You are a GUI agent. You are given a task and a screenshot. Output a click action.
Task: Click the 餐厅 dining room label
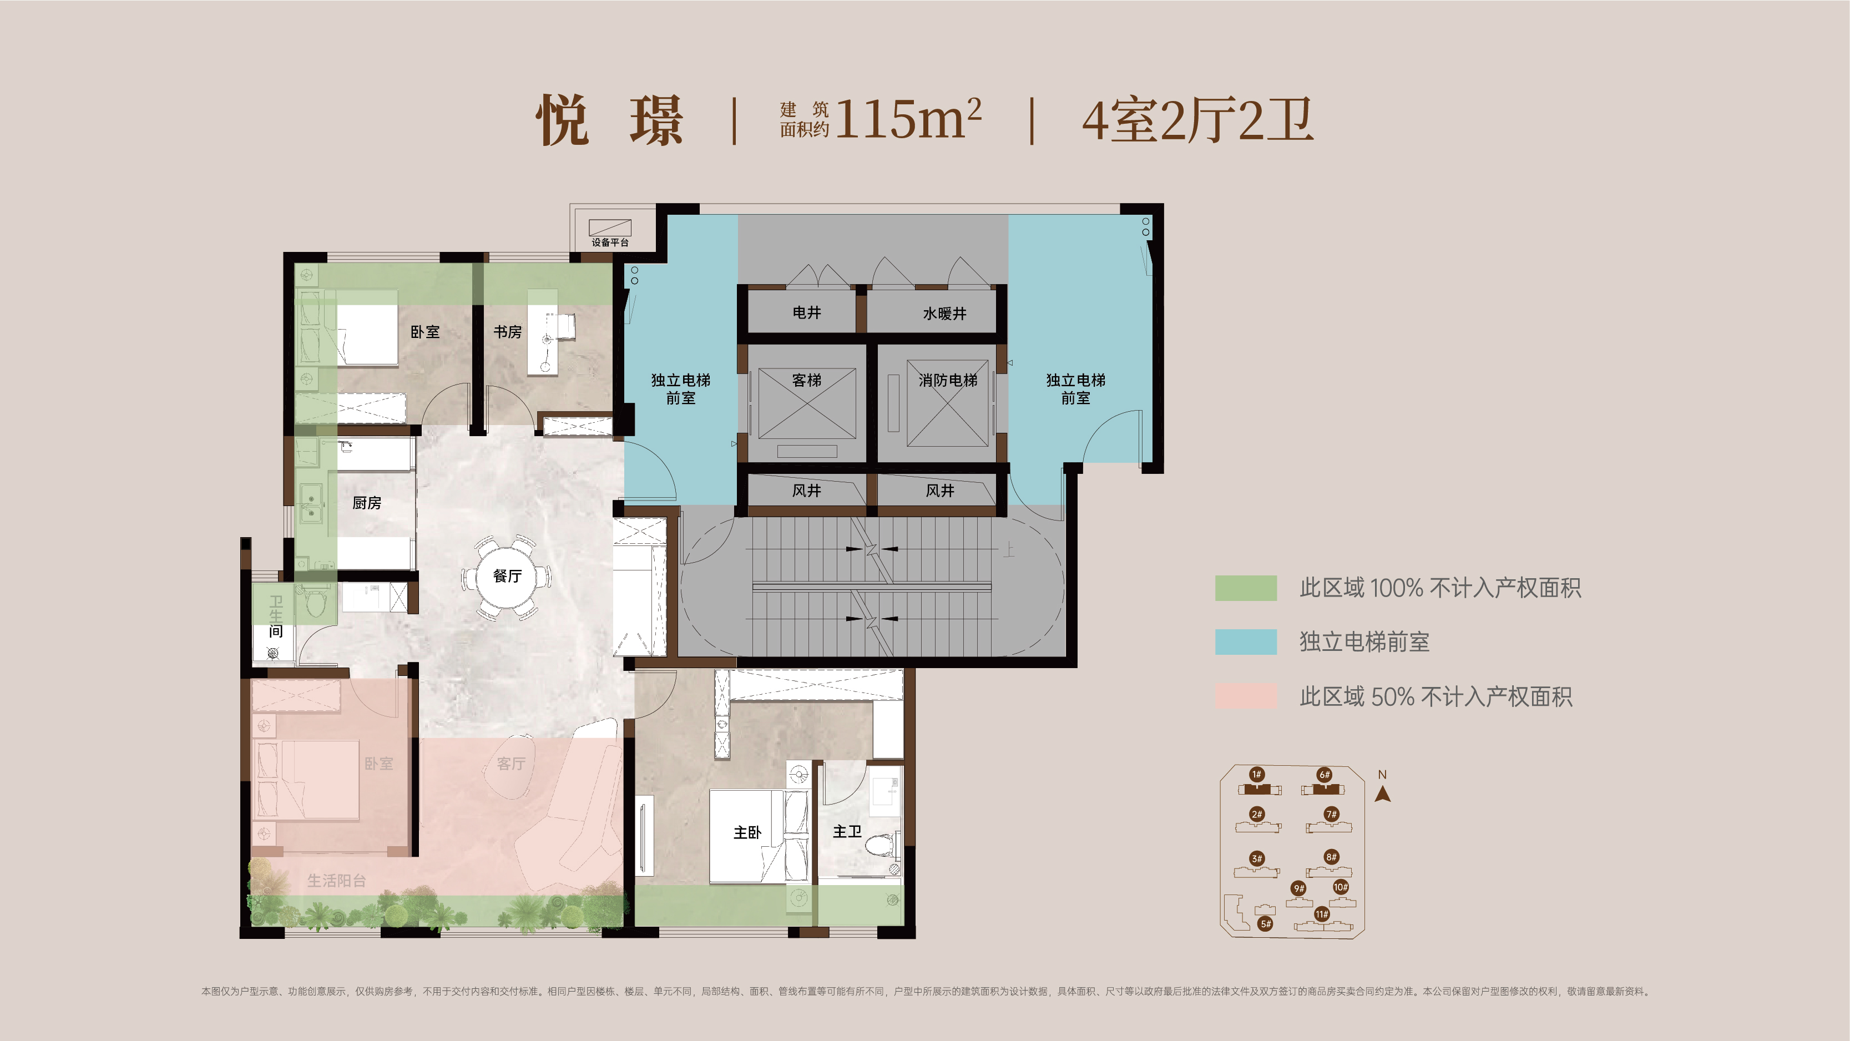(507, 575)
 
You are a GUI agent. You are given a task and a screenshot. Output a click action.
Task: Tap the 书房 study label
(507, 332)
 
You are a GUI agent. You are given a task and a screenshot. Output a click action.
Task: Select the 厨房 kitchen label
(366, 503)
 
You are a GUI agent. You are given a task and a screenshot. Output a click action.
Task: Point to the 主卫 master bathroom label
(847, 831)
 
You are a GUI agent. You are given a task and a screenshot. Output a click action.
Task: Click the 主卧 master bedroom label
(747, 832)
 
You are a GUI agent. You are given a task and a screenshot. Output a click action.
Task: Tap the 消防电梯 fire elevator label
(948, 380)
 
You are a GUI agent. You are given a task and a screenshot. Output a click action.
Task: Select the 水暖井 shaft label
(944, 313)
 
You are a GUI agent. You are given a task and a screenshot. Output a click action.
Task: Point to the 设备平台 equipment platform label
(610, 242)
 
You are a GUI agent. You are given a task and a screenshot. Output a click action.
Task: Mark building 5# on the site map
(1265, 924)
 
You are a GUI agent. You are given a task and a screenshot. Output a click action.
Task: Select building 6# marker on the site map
(1325, 775)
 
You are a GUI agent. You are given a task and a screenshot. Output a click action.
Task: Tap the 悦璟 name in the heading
(610, 120)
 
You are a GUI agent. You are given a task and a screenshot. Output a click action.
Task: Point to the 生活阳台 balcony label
(336, 880)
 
